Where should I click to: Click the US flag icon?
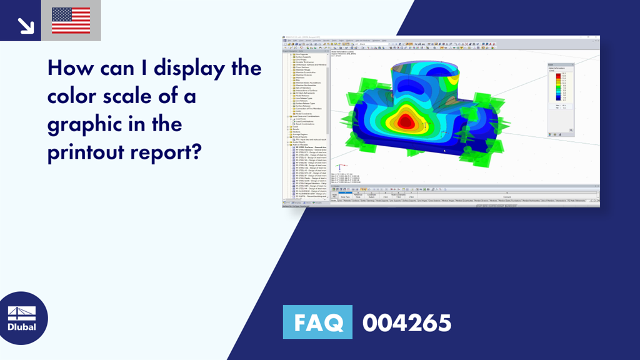(x=71, y=21)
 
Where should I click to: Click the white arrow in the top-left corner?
(x=25, y=25)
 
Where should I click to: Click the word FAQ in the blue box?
(x=317, y=323)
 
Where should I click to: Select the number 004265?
(x=407, y=323)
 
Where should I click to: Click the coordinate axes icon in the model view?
(x=339, y=168)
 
